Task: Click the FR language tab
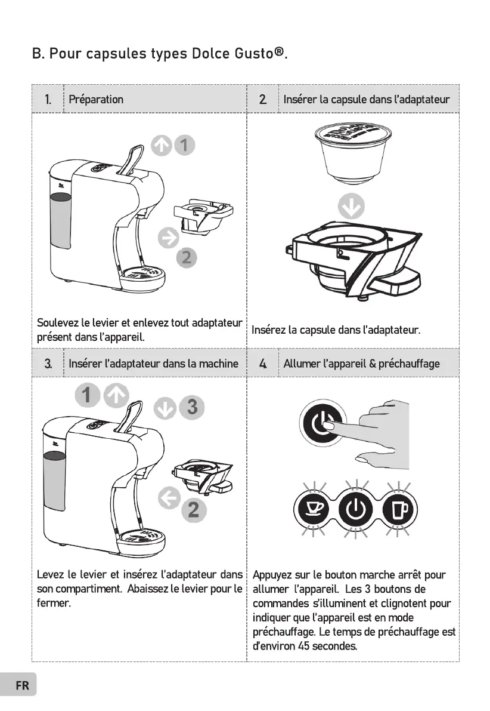point(21,685)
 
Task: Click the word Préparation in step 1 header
point(96,99)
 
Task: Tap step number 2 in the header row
point(262,99)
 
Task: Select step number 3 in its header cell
point(48,364)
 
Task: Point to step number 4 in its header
point(262,364)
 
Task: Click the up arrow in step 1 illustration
point(161,144)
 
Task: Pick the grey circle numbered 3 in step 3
point(192,407)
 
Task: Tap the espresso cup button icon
point(312,509)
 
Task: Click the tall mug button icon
point(398,509)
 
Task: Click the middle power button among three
point(355,509)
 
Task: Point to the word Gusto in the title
point(250,54)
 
